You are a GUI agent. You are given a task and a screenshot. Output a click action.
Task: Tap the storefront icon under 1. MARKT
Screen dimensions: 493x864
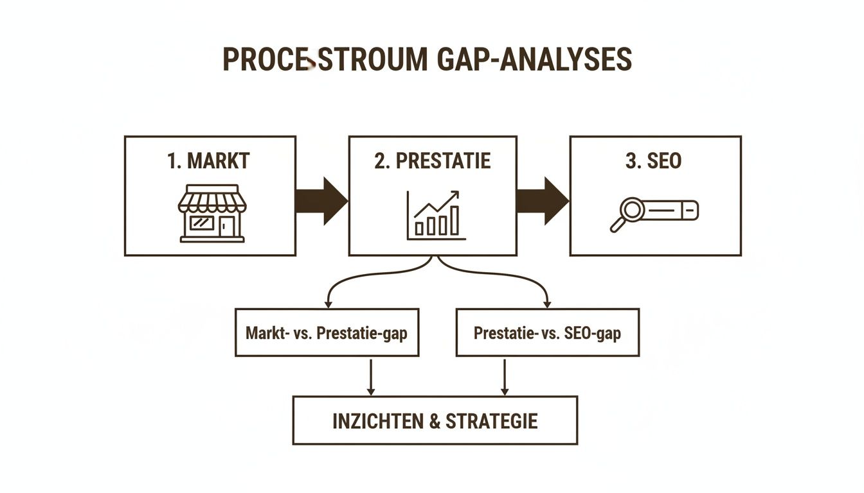tap(212, 214)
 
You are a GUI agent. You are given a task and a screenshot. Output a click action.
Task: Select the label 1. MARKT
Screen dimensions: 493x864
tap(208, 160)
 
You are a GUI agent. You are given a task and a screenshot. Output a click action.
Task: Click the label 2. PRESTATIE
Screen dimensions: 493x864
tap(432, 160)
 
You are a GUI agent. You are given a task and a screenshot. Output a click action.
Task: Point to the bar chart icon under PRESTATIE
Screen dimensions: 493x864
tap(435, 216)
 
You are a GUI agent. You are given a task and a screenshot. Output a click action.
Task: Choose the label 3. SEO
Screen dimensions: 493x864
tap(653, 160)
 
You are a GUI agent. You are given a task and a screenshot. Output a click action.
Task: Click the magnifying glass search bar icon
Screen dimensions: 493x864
tap(653, 214)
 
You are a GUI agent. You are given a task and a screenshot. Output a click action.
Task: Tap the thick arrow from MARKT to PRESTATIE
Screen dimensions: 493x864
tap(321, 201)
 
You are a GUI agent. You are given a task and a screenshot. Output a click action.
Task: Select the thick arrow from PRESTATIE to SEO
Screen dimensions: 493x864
tap(542, 201)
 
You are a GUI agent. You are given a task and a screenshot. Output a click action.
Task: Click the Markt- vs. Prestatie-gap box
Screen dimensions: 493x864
tap(327, 333)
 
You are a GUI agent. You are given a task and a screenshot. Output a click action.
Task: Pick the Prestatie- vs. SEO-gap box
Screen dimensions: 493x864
tap(547, 333)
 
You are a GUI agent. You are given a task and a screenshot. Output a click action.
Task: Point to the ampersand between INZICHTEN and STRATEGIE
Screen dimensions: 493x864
tap(435, 421)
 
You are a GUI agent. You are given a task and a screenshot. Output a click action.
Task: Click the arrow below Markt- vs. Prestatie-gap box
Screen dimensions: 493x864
tap(370, 377)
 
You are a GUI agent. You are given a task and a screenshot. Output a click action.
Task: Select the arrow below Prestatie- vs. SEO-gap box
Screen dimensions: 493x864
tap(505, 377)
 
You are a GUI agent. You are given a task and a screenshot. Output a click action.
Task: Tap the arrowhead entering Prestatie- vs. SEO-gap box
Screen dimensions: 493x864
tap(546, 302)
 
